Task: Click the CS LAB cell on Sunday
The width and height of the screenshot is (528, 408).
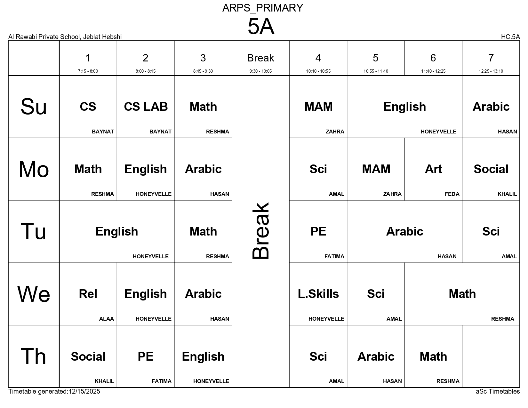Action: pyautogui.click(x=146, y=107)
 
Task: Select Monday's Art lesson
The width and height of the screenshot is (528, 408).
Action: pyautogui.click(x=433, y=169)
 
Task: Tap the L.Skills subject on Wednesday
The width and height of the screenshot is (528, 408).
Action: pyautogui.click(x=318, y=294)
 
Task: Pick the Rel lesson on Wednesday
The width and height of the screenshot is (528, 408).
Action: pyautogui.click(x=88, y=294)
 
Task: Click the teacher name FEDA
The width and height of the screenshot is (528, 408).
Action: pyautogui.click(x=452, y=194)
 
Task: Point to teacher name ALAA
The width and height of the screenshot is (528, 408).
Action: pyautogui.click(x=106, y=319)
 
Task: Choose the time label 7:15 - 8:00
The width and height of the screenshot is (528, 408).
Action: pyautogui.click(x=88, y=71)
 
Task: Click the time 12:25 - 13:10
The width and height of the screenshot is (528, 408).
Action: pyautogui.click(x=491, y=71)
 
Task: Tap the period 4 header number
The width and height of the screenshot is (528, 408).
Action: pyautogui.click(x=318, y=58)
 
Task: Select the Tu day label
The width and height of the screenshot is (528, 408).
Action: pyautogui.click(x=34, y=232)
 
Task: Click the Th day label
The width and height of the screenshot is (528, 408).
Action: pyautogui.click(x=34, y=356)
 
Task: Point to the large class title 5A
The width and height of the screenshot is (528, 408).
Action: pyautogui.click(x=261, y=27)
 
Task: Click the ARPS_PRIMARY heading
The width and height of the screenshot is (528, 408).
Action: pyautogui.click(x=262, y=8)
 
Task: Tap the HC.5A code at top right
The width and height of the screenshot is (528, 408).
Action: pyautogui.click(x=510, y=37)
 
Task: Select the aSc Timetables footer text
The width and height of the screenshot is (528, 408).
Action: pyautogui.click(x=498, y=391)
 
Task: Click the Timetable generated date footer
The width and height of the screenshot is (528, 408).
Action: pyautogui.click(x=54, y=391)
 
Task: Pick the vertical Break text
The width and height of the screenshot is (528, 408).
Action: pyautogui.click(x=261, y=231)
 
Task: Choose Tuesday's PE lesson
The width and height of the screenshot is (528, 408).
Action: pyautogui.click(x=318, y=232)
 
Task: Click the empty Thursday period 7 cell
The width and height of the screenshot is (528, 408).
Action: pyautogui.click(x=491, y=356)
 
